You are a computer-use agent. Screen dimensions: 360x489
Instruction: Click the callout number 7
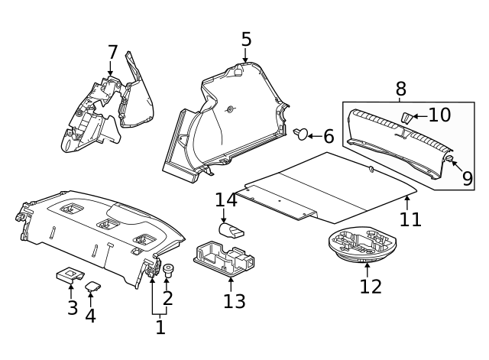click(x=112, y=53)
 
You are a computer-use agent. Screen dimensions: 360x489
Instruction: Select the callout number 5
click(x=245, y=39)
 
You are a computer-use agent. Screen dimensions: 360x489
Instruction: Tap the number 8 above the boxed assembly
click(x=400, y=89)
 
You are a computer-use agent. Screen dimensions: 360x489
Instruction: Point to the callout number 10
click(x=439, y=115)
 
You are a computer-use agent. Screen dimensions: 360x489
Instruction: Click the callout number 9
click(x=468, y=179)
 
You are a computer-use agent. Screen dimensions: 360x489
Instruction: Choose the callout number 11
click(x=410, y=219)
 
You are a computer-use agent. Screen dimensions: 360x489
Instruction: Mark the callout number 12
click(x=370, y=287)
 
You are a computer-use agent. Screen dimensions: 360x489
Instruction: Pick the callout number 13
click(x=235, y=301)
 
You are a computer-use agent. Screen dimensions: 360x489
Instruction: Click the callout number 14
click(x=226, y=200)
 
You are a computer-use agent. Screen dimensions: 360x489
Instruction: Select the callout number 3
click(x=73, y=308)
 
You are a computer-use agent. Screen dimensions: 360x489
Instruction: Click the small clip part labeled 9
click(x=451, y=159)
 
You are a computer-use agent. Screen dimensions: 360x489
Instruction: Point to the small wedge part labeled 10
click(x=406, y=117)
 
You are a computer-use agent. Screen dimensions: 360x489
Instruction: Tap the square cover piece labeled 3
click(x=70, y=274)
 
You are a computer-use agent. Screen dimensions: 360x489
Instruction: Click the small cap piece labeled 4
click(x=94, y=287)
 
